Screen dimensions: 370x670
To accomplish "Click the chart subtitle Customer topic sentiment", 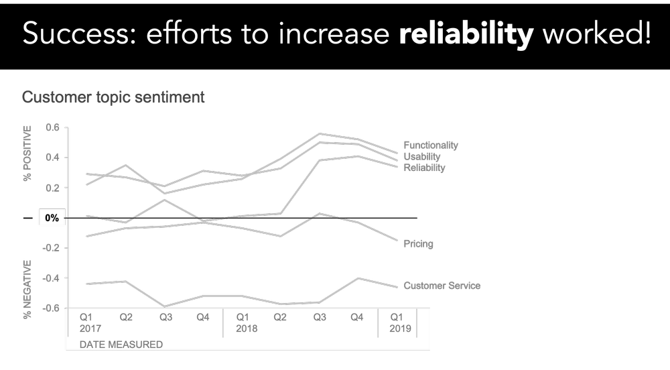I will tap(113, 97).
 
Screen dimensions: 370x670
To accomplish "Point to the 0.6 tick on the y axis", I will tap(52, 127).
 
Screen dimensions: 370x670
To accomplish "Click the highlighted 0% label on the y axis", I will tap(52, 218).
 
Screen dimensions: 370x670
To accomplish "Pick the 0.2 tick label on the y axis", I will tap(52, 188).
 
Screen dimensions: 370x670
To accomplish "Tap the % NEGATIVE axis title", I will tap(27, 282).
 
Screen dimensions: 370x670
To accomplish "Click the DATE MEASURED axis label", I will tap(121, 345).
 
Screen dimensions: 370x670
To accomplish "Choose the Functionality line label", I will tap(431, 145).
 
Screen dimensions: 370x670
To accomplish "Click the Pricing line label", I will tap(418, 244).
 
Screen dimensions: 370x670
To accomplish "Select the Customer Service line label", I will tap(442, 286).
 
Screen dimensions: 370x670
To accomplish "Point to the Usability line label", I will tap(422, 156).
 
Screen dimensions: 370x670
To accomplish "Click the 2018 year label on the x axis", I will tap(247, 329).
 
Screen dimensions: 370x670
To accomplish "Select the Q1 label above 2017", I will tap(86, 317).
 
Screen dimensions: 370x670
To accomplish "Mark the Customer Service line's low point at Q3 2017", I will tap(165, 306).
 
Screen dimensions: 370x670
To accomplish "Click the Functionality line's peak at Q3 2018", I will tap(320, 134).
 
